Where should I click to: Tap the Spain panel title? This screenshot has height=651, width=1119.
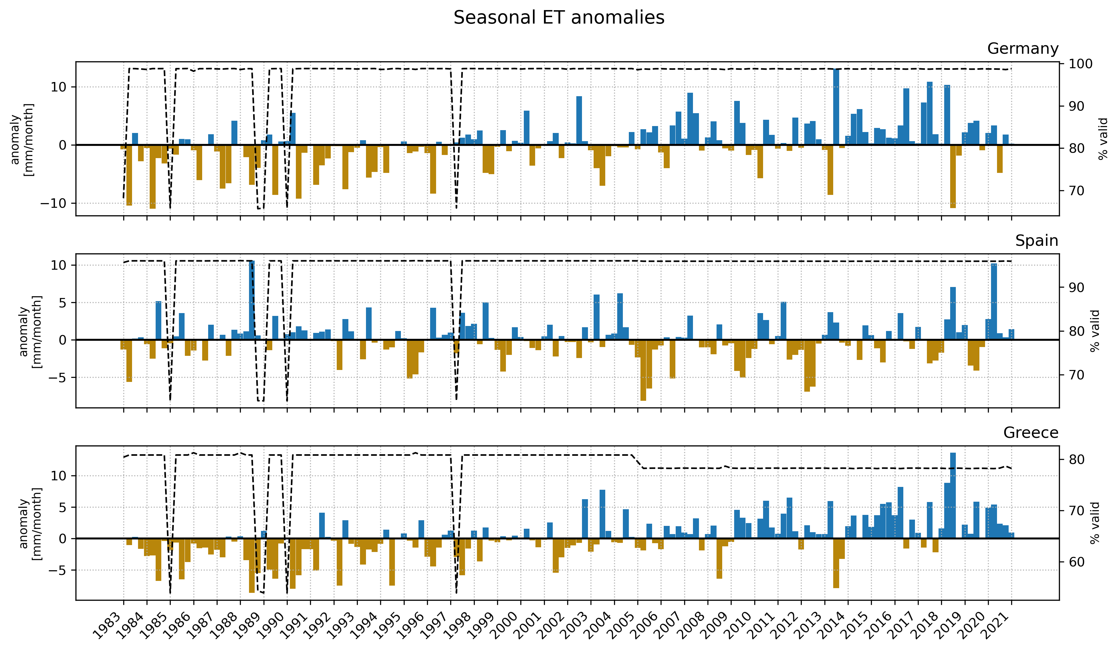pyautogui.click(x=1036, y=241)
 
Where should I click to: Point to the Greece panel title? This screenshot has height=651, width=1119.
pyautogui.click(x=1031, y=433)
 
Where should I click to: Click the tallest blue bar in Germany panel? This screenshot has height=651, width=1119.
pyautogui.click(x=836, y=107)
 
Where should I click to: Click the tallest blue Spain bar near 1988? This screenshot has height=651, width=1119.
pyautogui.click(x=252, y=300)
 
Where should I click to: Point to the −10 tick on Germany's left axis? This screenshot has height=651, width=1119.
pyautogui.click(x=53, y=203)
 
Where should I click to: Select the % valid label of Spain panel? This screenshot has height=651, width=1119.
pyautogui.click(x=1095, y=331)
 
